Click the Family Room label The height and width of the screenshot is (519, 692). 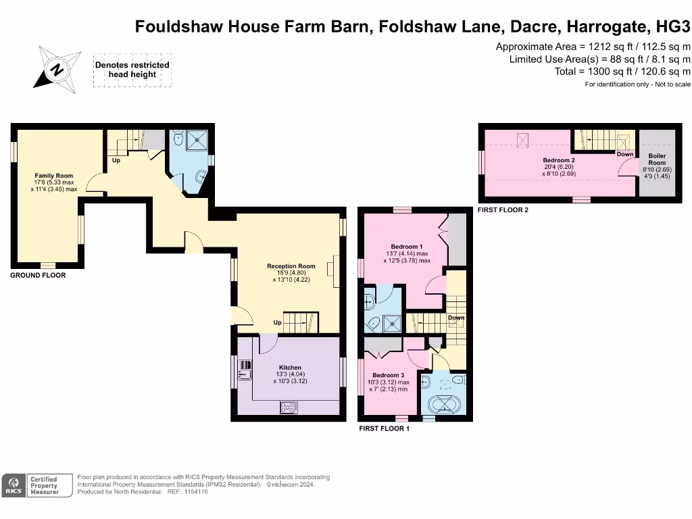(53, 176)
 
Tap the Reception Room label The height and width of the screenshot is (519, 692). (291, 266)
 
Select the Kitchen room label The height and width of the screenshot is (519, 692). (290, 368)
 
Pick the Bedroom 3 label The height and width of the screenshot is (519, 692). (388, 375)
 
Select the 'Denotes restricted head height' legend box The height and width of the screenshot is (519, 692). (132, 70)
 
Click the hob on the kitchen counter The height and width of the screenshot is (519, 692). (289, 407)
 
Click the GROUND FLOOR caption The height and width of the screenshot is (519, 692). (38, 276)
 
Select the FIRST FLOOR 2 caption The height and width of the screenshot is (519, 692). (503, 210)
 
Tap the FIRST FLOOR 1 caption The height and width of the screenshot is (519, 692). (385, 428)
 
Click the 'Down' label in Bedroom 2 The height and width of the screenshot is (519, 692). (625, 154)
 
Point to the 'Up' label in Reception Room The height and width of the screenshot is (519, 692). (277, 322)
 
